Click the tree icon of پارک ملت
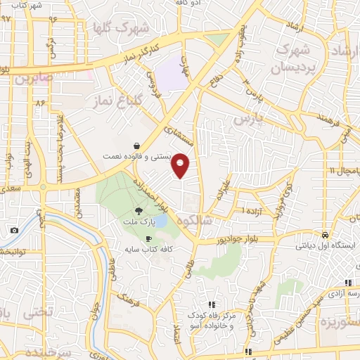pos(139,210)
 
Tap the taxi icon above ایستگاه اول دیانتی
pos(326,234)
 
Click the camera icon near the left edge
pos(14,231)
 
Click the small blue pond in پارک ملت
pos(160,220)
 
